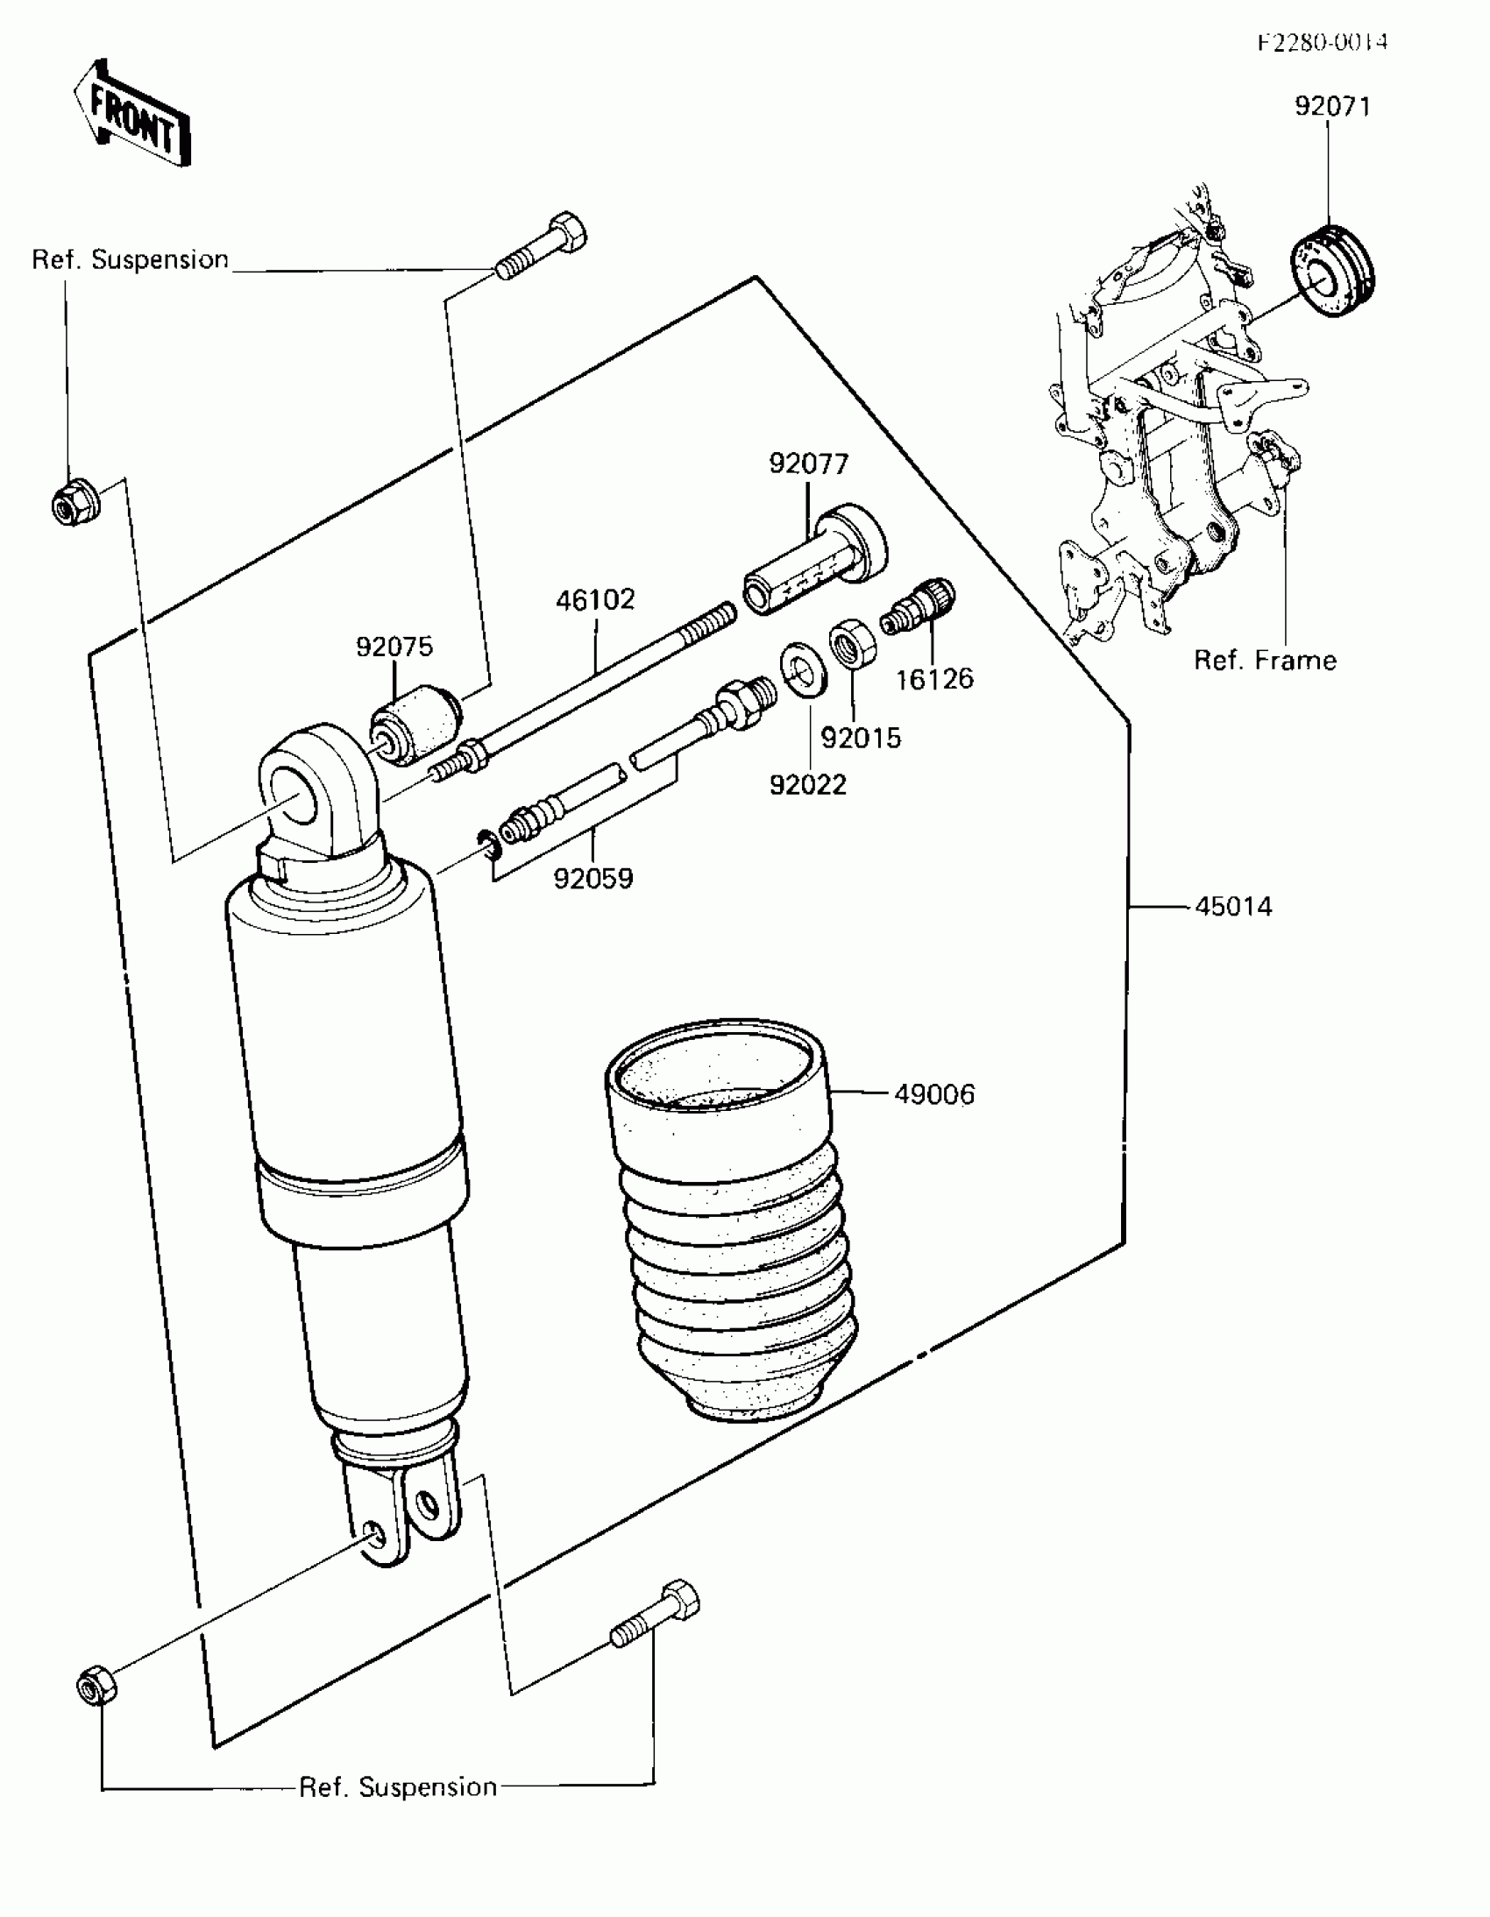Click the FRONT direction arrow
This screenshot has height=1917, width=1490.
pos(131,115)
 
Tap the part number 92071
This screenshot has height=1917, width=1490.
pos(1331,106)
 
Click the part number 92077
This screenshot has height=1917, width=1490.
pos(809,463)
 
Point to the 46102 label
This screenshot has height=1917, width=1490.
pos(594,600)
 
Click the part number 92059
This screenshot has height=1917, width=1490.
pos(592,879)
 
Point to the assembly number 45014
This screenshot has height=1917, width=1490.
pos(1232,907)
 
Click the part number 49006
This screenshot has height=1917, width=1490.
pos(934,1094)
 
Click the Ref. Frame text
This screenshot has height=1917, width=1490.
pos(1265,661)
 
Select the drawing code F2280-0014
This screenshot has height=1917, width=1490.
pos(1323,42)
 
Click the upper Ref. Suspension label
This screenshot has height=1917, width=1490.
pos(130,260)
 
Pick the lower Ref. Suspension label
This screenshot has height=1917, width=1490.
pos(398,1787)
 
